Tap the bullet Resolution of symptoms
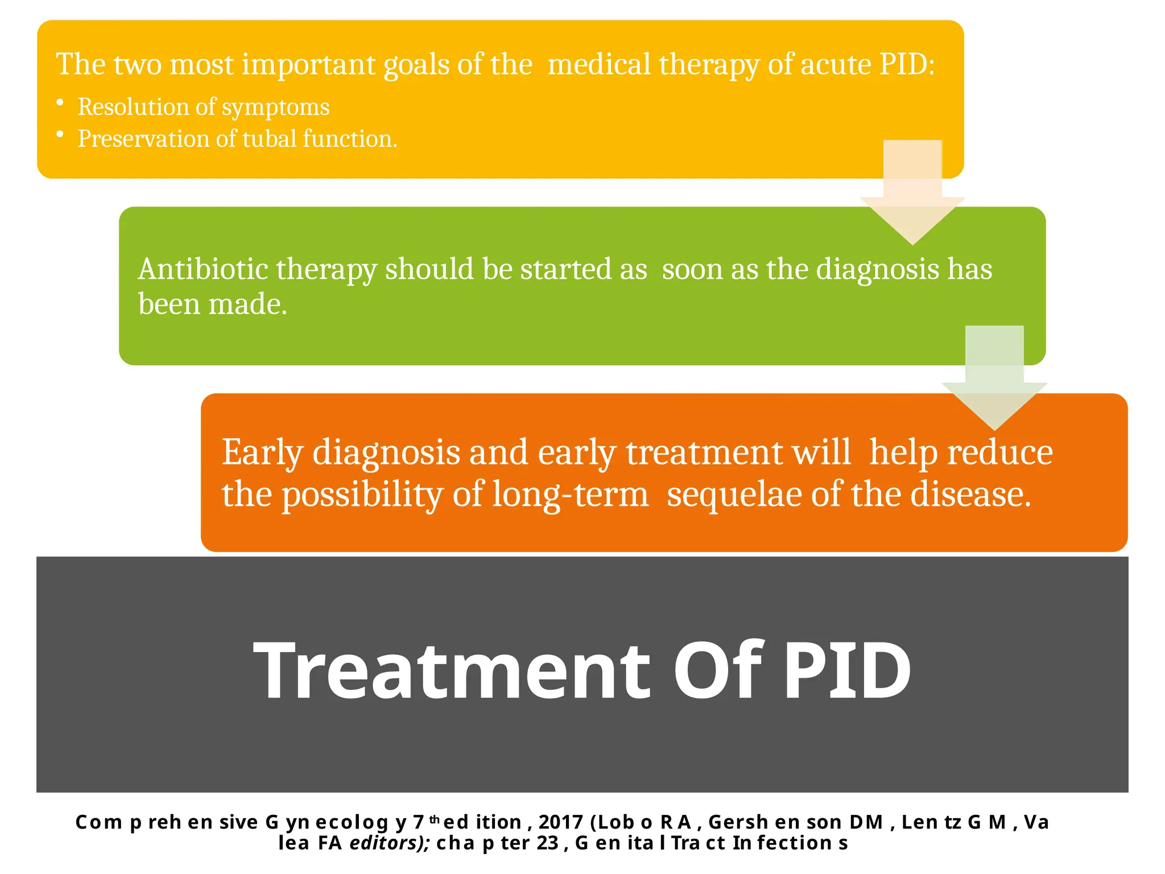(x=203, y=107)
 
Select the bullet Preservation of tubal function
(x=237, y=139)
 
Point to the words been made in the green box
(x=212, y=304)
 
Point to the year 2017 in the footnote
(x=560, y=822)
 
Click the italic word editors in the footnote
(x=389, y=843)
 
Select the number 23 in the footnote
(x=547, y=843)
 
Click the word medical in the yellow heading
(x=598, y=64)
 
